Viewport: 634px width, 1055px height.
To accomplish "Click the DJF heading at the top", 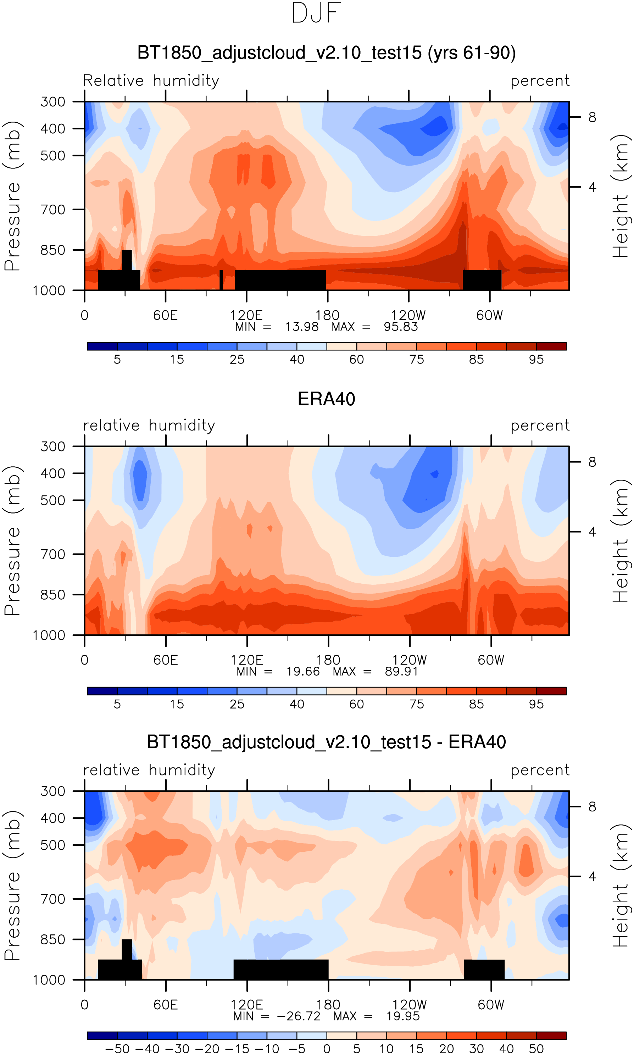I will (316, 13).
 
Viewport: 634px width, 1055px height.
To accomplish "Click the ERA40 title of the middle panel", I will (327, 399).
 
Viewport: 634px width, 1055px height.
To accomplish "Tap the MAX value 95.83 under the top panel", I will (400, 327).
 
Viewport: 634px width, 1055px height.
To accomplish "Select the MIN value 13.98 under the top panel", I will (302, 327).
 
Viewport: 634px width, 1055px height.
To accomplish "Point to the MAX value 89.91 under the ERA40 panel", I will (401, 672).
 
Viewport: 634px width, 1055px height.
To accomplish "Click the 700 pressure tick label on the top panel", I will (52, 210).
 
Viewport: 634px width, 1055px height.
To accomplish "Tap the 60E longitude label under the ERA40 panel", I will (166, 660).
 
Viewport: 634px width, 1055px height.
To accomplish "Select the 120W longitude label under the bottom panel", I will (409, 1005).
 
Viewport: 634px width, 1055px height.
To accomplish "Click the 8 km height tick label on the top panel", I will (592, 117).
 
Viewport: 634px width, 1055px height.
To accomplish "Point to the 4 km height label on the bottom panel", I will (592, 877).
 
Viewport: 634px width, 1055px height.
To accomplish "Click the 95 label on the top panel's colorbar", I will (536, 360).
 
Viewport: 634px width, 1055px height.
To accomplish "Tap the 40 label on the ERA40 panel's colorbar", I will (297, 704).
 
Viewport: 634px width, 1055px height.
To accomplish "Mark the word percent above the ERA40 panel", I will (540, 426).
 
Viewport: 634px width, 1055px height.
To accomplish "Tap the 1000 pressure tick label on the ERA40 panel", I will (49, 635).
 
